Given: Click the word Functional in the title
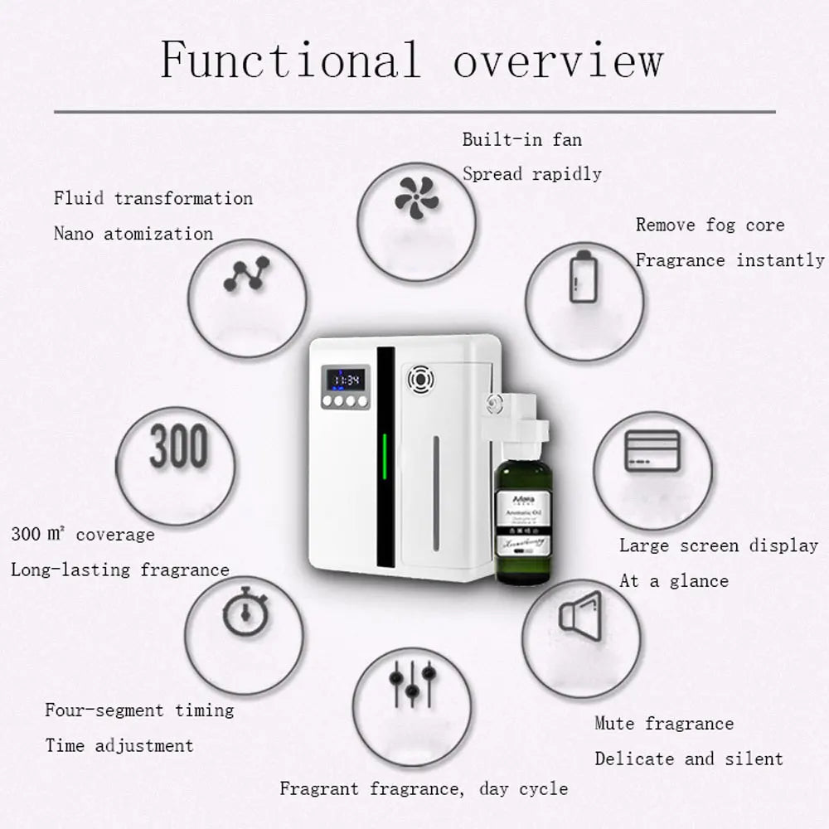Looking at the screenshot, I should pyautogui.click(x=290, y=60).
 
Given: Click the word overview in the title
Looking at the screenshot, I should pyautogui.click(x=558, y=60).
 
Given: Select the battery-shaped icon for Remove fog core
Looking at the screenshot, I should pyautogui.click(x=581, y=276).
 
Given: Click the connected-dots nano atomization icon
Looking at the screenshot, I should pyautogui.click(x=247, y=274).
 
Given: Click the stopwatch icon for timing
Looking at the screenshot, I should pyautogui.click(x=242, y=613).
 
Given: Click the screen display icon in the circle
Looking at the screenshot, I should pyautogui.click(x=652, y=451).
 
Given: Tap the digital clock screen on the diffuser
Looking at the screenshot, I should pyautogui.click(x=345, y=380).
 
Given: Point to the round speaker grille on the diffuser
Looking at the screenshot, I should pyautogui.click(x=421, y=380).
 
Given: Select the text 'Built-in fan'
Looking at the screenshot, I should pyautogui.click(x=522, y=139).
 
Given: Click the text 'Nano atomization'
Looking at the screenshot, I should pyautogui.click(x=133, y=234).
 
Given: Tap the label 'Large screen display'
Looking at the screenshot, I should pyautogui.click(x=719, y=545).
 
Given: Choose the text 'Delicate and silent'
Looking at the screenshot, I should pyautogui.click(x=688, y=759).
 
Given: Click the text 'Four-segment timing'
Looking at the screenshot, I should pyautogui.click(x=139, y=710).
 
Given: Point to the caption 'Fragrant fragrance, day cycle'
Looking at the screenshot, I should pyautogui.click(x=424, y=788).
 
